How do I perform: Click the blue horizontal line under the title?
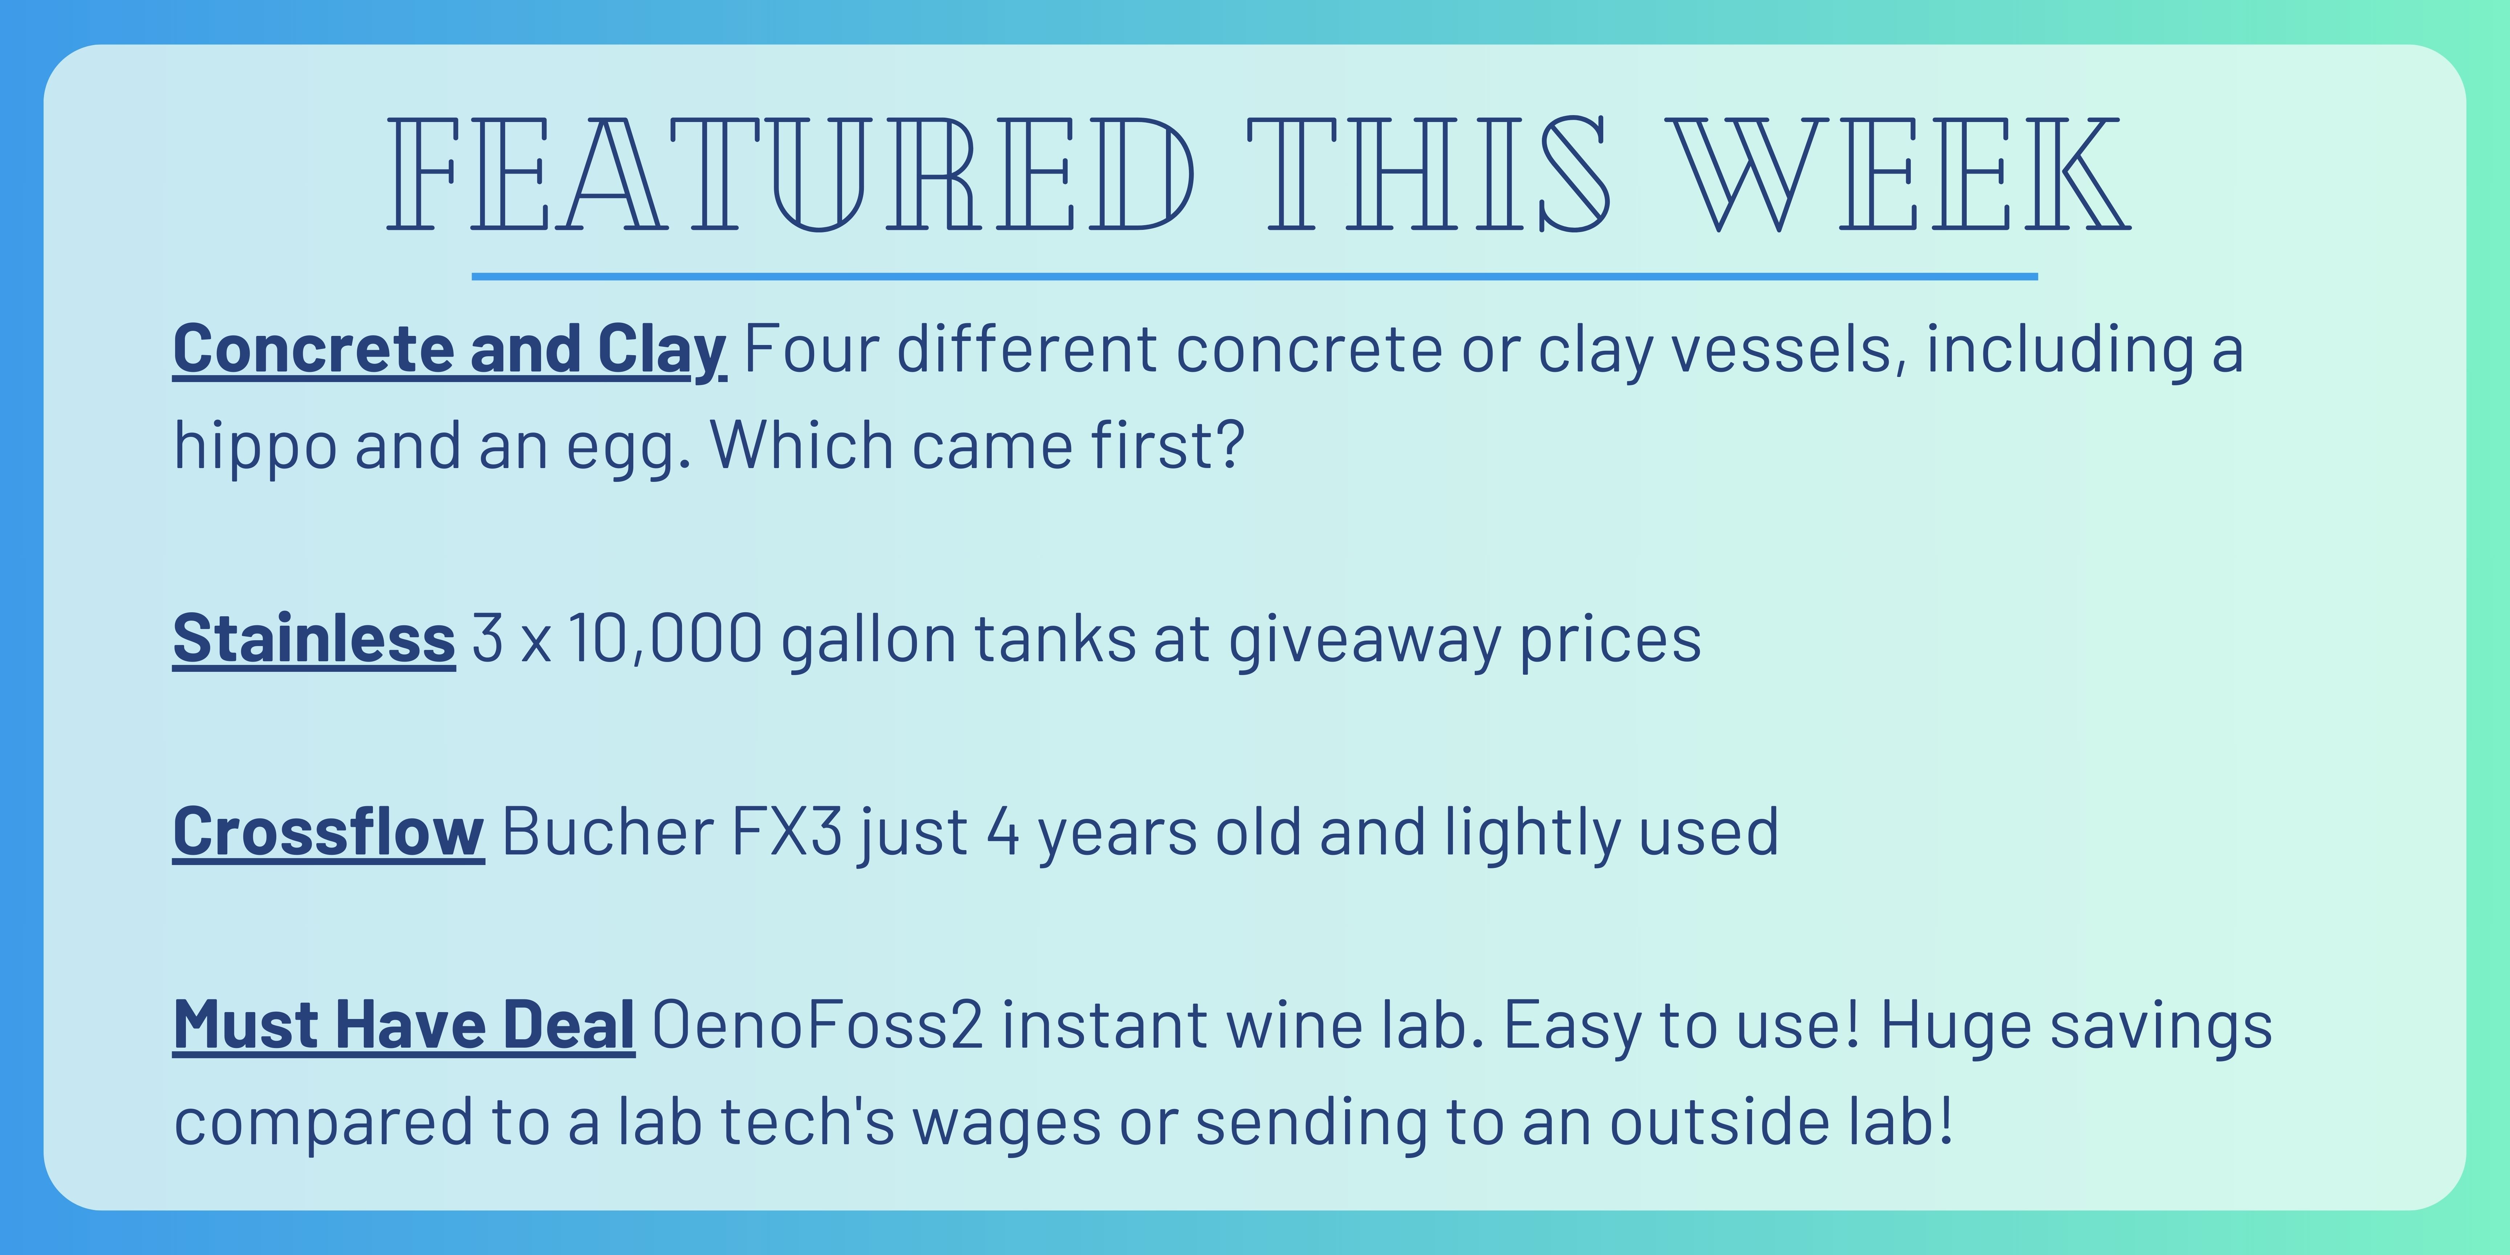pos(1255,277)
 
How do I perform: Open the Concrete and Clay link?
pos(449,351)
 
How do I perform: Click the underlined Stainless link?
pos(314,639)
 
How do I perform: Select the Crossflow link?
pos(328,832)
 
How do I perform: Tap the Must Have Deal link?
pos(405,1025)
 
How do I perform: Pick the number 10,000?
pos(666,639)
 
